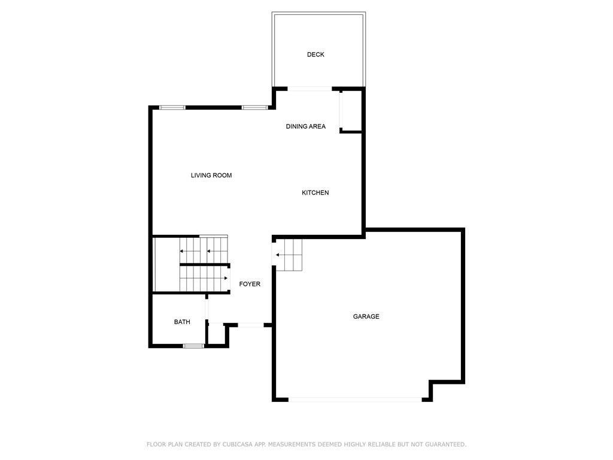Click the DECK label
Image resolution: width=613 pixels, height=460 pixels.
(315, 55)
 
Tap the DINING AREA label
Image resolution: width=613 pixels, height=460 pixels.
(306, 126)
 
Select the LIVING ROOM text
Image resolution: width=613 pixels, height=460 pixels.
(211, 175)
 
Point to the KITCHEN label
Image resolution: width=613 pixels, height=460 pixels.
(315, 192)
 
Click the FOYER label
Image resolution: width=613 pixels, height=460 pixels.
(250, 284)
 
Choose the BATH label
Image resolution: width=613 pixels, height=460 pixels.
(182, 322)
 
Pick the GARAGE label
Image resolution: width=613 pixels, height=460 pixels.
(366, 316)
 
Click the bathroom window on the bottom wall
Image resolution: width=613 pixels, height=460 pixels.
(193, 346)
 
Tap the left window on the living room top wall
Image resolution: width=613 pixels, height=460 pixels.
(172, 108)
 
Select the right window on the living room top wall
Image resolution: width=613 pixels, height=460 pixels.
(254, 108)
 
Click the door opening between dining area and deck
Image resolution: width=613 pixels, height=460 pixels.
(309, 89)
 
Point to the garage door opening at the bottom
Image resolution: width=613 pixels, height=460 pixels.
(355, 400)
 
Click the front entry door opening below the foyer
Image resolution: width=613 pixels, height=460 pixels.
(251, 325)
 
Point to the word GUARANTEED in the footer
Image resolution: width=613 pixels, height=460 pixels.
(445, 444)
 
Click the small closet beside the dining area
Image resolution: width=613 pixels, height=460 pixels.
(351, 111)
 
